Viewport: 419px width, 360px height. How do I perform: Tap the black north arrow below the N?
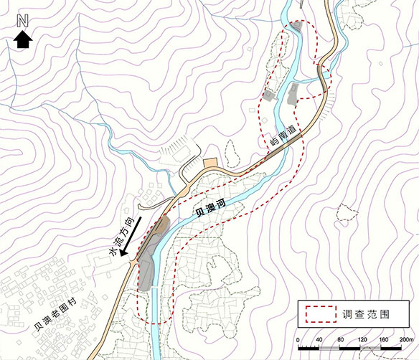tap(22, 41)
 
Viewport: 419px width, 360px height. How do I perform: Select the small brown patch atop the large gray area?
tap(163, 227)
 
